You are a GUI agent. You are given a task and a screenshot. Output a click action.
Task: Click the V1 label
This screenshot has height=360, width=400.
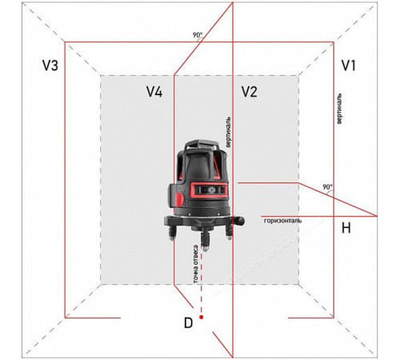click(349, 66)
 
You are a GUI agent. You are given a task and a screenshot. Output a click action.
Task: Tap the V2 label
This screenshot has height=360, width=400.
click(250, 92)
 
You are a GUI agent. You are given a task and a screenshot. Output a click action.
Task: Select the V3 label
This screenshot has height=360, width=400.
click(50, 66)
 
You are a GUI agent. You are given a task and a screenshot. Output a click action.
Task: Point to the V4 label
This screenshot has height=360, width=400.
click(154, 92)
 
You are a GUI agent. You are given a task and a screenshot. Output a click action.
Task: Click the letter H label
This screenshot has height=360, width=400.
click(346, 228)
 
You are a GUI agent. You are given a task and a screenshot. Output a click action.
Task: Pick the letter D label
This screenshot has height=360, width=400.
click(188, 323)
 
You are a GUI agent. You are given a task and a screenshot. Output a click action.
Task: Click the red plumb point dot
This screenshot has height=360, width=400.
click(202, 317)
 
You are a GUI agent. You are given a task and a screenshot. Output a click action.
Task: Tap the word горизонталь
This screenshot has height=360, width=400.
click(283, 221)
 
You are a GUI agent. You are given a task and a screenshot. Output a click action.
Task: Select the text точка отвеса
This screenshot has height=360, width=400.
click(196, 264)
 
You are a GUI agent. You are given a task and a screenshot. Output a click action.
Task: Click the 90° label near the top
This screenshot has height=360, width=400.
click(198, 35)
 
